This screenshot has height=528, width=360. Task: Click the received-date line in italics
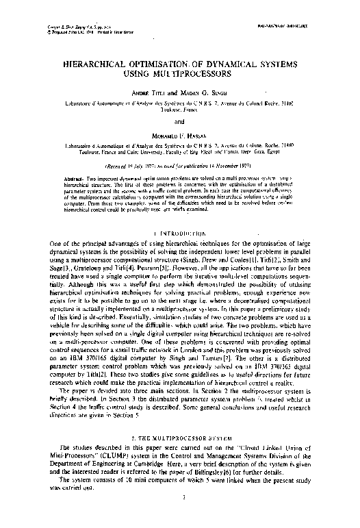[x=180, y=166]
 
